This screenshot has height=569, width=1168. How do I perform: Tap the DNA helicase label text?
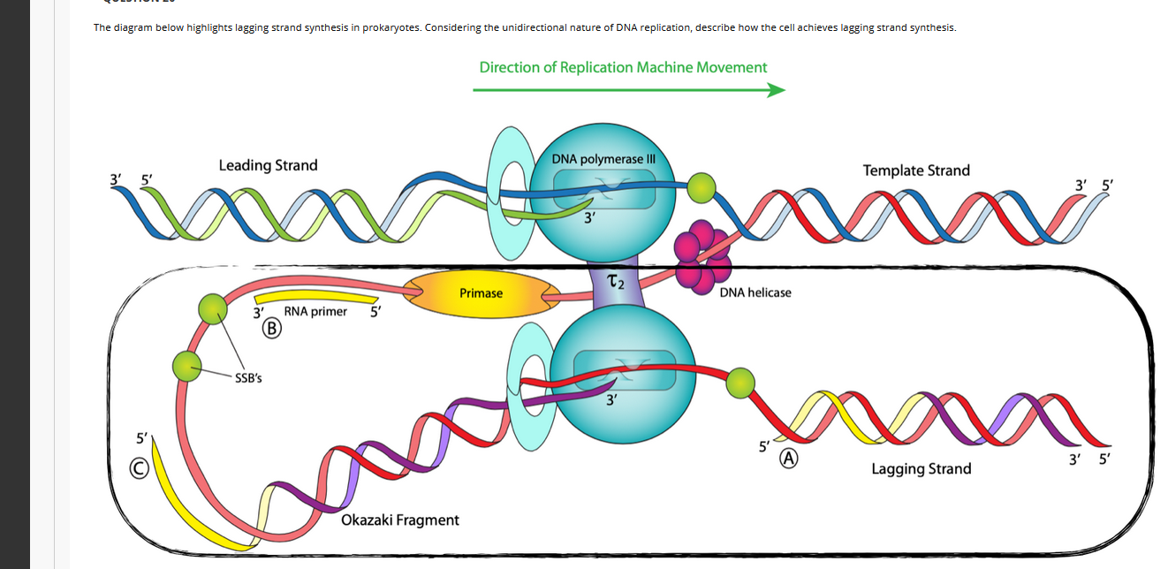tap(755, 292)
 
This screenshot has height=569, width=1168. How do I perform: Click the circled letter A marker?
tap(788, 459)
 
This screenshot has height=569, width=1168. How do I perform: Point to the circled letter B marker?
tap(272, 329)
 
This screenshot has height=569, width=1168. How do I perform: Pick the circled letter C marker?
tap(140, 469)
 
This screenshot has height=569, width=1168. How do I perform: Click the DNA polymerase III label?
tap(603, 159)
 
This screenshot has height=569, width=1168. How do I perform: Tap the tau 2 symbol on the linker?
tap(616, 282)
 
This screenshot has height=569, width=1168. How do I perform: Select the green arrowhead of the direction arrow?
tap(776, 90)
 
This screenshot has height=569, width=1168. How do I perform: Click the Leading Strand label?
tap(268, 165)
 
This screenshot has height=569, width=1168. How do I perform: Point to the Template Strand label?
tap(916, 170)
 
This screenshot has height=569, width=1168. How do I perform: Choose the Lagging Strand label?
tap(921, 469)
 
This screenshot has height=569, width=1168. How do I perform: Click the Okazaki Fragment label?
tap(399, 520)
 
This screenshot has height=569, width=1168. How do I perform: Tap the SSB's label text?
tap(248, 378)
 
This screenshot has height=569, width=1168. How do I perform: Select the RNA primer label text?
tap(315, 311)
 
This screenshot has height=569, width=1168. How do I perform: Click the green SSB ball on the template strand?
tap(702, 186)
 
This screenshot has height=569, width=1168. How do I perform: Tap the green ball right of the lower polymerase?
tap(740, 383)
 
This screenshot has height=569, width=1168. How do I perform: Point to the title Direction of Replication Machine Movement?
tap(623, 67)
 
